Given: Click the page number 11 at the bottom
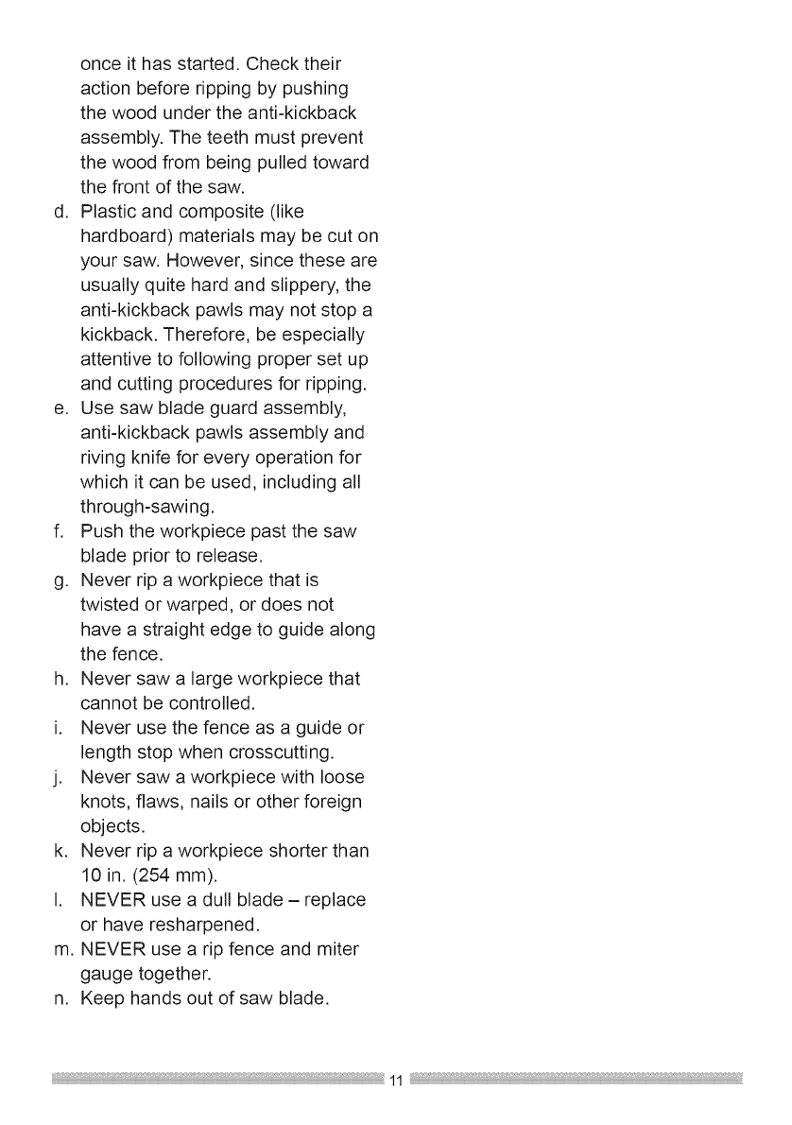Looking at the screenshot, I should coord(396,1081).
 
